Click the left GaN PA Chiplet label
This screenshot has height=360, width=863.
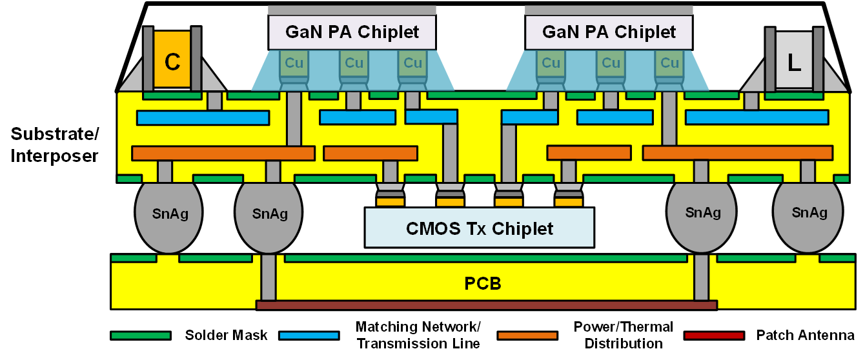[x=352, y=32]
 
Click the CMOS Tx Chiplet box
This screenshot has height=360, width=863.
[x=479, y=227]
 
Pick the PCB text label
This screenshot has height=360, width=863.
[x=483, y=283]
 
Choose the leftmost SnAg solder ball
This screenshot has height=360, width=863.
[x=168, y=214]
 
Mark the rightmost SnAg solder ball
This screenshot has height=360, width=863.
[x=809, y=214]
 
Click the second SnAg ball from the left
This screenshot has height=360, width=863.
[x=270, y=214]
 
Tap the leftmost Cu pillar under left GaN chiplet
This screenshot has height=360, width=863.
[x=294, y=63]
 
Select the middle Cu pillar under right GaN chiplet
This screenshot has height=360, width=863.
[x=610, y=63]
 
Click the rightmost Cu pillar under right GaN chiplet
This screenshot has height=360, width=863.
[x=670, y=63]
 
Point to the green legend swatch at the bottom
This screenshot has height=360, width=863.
[x=141, y=335]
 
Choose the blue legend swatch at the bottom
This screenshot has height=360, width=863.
[x=309, y=335]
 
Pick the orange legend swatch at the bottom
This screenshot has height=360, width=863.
[x=527, y=335]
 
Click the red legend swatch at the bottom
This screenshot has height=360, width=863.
[x=714, y=335]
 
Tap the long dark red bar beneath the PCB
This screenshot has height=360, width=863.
[x=487, y=305]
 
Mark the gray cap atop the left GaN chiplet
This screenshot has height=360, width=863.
[x=352, y=10]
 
